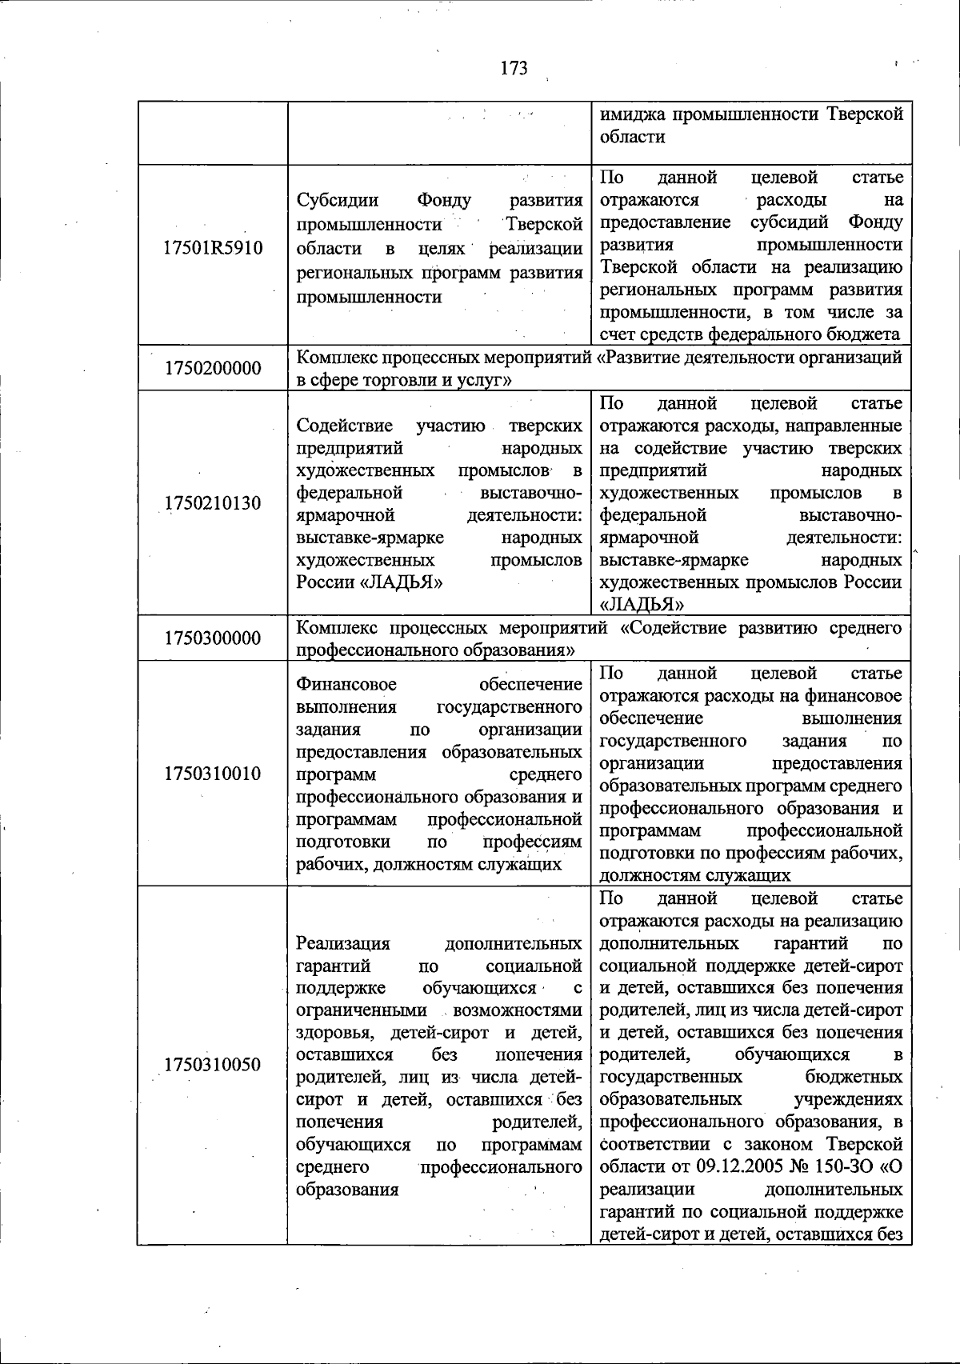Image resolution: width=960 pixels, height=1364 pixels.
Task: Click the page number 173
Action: tap(514, 69)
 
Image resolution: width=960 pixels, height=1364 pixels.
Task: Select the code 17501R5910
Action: tap(213, 248)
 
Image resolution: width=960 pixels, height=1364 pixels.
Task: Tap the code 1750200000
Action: tap(213, 368)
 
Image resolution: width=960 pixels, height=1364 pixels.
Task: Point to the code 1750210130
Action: tap(213, 503)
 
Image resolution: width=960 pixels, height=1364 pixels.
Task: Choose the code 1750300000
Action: tap(213, 638)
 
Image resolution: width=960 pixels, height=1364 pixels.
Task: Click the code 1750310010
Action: tap(213, 774)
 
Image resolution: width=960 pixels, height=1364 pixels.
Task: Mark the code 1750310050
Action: tap(213, 1065)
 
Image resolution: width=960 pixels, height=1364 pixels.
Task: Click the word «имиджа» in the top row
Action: tap(632, 114)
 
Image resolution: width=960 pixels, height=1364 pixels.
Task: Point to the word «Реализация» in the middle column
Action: tap(343, 943)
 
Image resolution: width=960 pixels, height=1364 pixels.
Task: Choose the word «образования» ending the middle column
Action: tap(347, 1190)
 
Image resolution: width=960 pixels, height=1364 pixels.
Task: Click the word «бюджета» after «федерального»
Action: tap(868, 334)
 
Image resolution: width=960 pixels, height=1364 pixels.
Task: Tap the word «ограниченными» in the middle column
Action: tap(361, 1010)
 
